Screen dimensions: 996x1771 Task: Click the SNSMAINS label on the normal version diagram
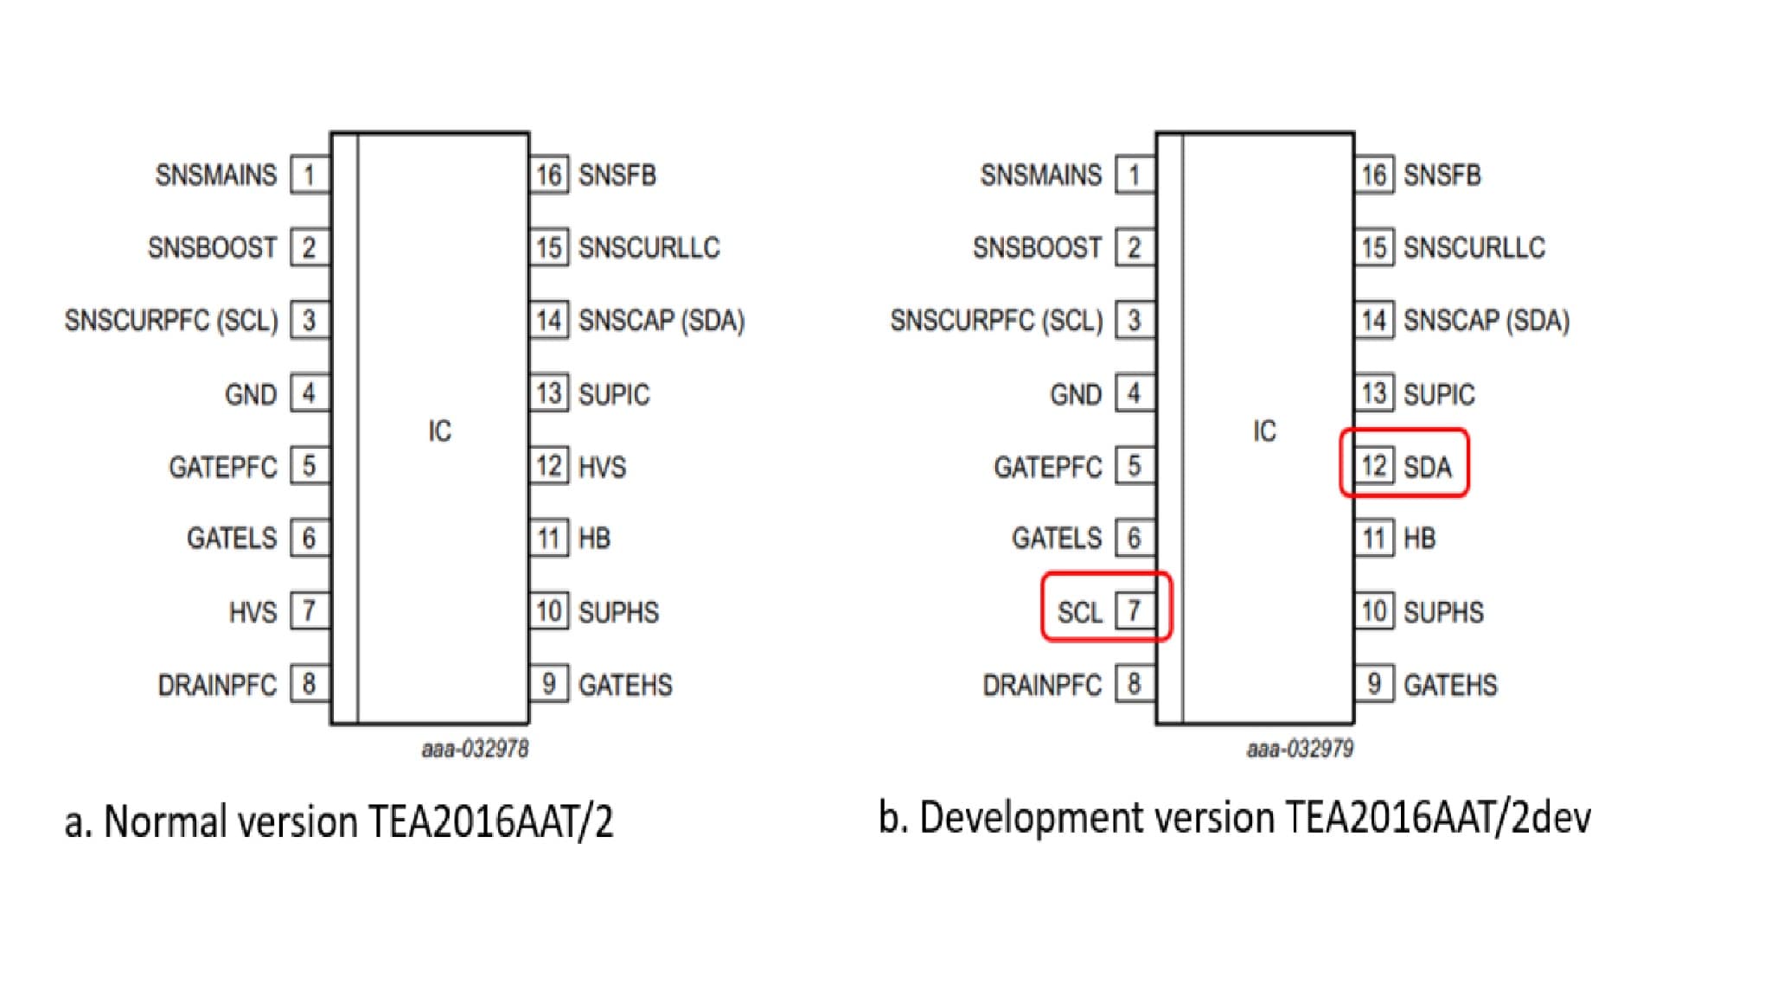click(215, 175)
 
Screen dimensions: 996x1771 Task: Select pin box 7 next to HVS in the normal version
click(309, 611)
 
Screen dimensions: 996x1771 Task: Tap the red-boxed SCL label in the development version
click(1079, 612)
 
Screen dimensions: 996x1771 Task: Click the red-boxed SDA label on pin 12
click(1427, 467)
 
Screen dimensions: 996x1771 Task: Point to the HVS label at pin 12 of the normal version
click(602, 467)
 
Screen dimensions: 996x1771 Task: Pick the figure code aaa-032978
click(475, 749)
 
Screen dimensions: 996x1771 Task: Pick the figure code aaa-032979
click(1300, 749)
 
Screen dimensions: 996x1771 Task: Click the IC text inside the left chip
click(439, 431)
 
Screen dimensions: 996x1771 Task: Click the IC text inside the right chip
click(1264, 431)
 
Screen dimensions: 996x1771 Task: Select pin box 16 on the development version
click(1374, 175)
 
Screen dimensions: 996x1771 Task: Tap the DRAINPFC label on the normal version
click(217, 685)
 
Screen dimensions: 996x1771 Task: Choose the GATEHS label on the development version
click(1450, 685)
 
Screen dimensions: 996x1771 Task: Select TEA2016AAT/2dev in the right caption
click(1438, 817)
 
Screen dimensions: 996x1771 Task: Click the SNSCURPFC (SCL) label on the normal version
click(171, 320)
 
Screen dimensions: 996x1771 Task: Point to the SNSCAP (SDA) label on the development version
click(1486, 320)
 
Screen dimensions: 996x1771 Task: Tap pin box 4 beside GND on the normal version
click(309, 394)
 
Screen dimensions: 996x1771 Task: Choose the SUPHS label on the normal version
click(618, 612)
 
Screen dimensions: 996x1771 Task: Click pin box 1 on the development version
click(1134, 175)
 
